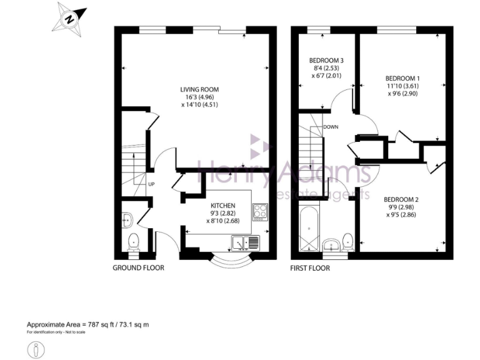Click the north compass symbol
[x=69, y=18]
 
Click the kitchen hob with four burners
[x=260, y=212]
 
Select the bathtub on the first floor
[x=309, y=229]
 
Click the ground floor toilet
[x=132, y=241]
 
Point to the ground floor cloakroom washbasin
[x=126, y=218]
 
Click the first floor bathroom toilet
[x=348, y=241]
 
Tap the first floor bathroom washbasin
[x=332, y=244]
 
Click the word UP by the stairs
[x=151, y=184]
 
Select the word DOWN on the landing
[x=331, y=127]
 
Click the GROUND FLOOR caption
[x=138, y=268]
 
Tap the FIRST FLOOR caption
[x=310, y=268]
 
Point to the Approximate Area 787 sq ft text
[x=87, y=324]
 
